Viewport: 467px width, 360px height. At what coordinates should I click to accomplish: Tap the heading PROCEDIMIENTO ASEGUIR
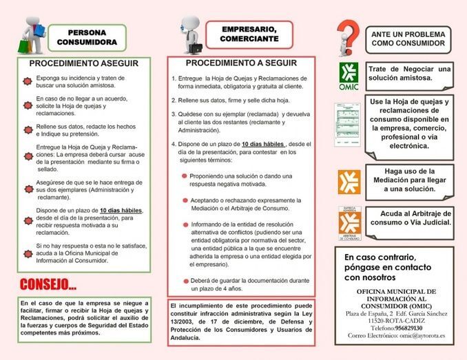[x=84, y=63]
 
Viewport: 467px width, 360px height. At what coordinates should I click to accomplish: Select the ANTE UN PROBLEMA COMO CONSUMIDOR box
[x=409, y=38]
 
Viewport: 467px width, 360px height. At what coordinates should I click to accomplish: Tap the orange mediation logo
[x=349, y=180]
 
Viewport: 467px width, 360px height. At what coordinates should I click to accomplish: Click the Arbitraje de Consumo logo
[x=349, y=222]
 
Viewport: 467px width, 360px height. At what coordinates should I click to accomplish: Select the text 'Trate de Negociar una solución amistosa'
[x=409, y=74]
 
